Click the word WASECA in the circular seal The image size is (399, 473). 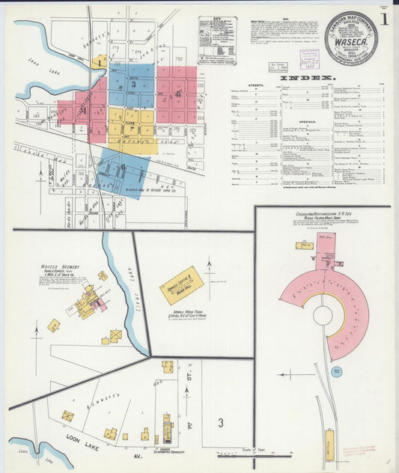pyautogui.click(x=350, y=44)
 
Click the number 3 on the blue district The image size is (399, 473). pyautogui.click(x=133, y=84)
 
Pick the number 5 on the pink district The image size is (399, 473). pyautogui.click(x=177, y=94)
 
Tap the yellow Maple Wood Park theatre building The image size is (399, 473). pyautogui.click(x=181, y=284)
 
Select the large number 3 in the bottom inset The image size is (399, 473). pyautogui.click(x=220, y=423)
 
